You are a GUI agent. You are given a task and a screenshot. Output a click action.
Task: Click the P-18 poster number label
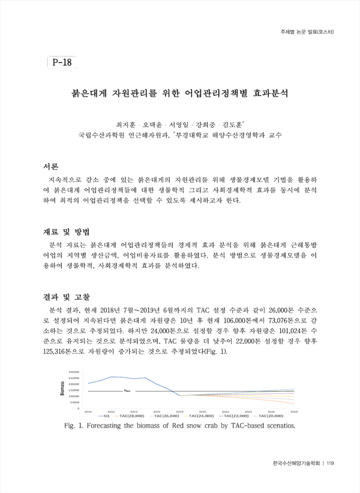[62, 62]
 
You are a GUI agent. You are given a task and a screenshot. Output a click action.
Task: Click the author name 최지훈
[127, 123]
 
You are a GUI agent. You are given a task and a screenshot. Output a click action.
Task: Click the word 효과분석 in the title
[268, 94]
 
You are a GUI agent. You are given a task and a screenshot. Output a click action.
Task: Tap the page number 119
[332, 462]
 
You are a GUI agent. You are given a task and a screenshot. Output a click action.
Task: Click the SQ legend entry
[103, 415]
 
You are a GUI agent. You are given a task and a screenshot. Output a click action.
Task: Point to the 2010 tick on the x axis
[88, 411]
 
